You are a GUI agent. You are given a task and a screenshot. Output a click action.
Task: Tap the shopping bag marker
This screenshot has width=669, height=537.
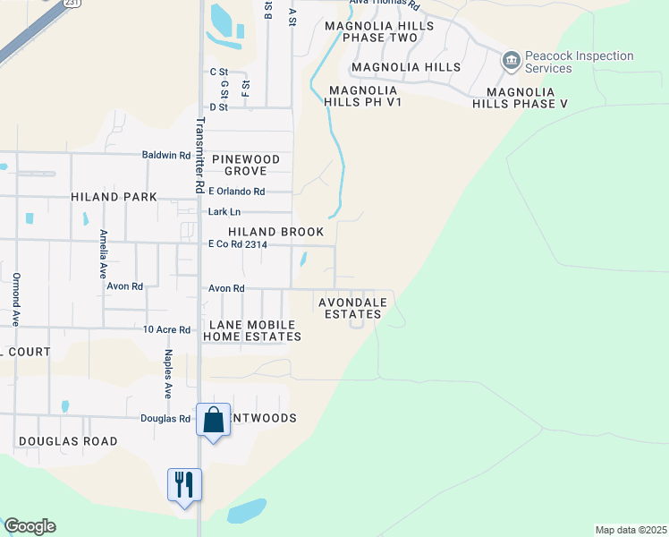[x=214, y=421]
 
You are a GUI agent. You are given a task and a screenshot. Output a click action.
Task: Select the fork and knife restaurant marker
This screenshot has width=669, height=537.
[x=184, y=485]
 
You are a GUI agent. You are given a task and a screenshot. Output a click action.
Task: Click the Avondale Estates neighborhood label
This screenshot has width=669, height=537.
[x=352, y=309]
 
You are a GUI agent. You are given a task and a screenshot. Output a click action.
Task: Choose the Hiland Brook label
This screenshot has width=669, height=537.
[x=275, y=232]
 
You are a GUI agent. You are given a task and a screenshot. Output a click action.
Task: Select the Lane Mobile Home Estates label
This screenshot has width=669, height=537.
[x=252, y=330]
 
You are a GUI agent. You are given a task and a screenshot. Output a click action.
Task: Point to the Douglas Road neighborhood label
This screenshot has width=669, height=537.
[x=68, y=441]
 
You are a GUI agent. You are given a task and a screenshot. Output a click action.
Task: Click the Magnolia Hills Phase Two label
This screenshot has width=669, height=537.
[x=379, y=32]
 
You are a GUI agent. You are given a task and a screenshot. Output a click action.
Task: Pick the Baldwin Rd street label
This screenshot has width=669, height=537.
[x=166, y=155]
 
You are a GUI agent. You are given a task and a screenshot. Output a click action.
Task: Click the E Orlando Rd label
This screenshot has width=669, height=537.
[x=236, y=192]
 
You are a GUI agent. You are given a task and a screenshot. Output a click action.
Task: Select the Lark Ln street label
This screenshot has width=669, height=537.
[x=224, y=212]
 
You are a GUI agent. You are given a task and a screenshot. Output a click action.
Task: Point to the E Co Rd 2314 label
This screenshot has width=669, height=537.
[x=237, y=244]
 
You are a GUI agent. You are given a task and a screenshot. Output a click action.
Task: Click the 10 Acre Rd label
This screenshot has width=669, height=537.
[x=166, y=329]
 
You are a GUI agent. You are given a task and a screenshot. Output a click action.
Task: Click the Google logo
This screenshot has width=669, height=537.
[x=30, y=526]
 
